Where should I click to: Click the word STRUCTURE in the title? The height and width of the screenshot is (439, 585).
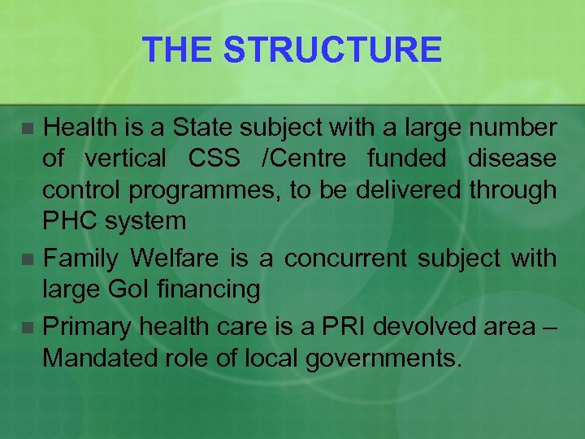(x=333, y=50)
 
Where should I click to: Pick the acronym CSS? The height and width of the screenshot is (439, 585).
(x=214, y=159)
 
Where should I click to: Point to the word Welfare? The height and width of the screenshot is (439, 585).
(x=175, y=259)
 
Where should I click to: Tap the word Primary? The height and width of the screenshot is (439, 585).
(x=88, y=327)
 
